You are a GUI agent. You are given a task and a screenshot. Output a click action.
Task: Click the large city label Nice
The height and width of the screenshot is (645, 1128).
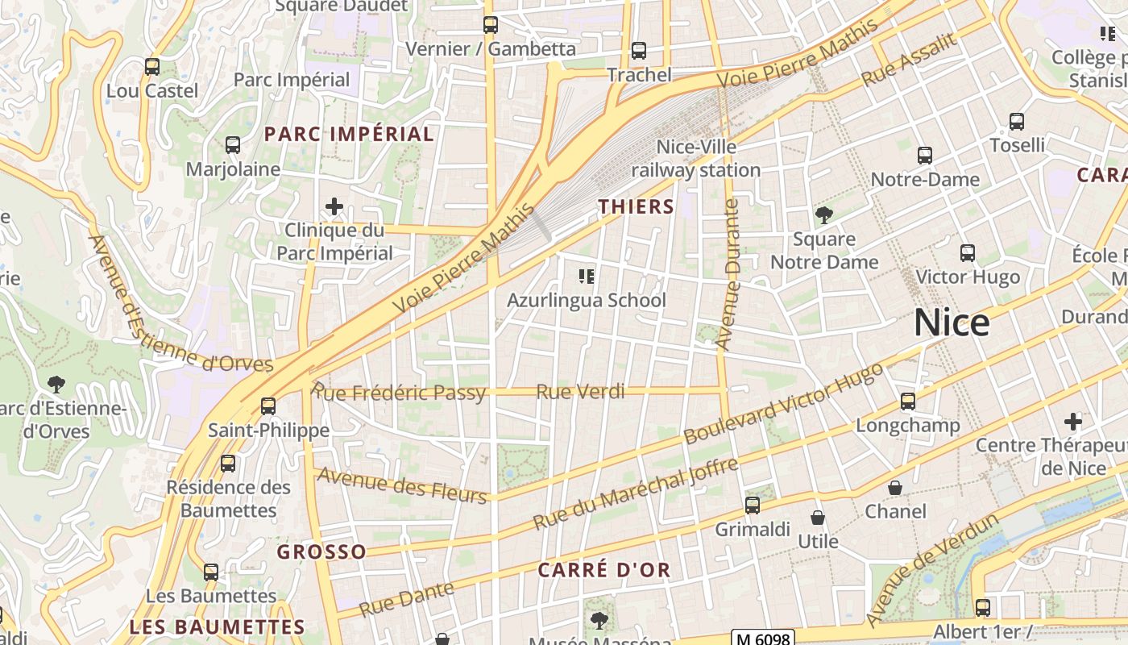952,323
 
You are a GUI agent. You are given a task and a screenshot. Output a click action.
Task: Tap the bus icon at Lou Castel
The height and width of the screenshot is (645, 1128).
152,67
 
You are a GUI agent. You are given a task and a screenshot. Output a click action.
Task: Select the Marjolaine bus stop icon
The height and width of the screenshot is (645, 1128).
233,145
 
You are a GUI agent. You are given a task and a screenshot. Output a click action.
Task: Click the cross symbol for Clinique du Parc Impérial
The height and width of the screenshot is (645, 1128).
334,207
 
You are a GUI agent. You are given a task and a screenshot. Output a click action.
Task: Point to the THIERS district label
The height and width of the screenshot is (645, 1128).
636,207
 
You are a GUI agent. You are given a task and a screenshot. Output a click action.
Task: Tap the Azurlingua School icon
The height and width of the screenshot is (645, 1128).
587,277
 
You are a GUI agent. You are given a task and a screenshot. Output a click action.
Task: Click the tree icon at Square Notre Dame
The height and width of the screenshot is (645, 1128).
823,215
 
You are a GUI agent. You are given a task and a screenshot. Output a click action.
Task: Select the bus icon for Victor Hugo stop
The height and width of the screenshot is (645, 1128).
968,253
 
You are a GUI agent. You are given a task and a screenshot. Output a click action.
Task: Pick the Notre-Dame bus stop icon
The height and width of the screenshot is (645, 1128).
925,156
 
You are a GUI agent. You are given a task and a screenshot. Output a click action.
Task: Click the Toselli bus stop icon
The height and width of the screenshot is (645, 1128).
1017,122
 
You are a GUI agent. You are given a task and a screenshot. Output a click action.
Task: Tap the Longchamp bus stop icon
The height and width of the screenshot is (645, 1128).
908,402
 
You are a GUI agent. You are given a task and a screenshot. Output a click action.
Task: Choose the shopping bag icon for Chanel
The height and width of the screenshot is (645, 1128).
895,488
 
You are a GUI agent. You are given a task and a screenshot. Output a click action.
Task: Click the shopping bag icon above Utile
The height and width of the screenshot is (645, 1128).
818,518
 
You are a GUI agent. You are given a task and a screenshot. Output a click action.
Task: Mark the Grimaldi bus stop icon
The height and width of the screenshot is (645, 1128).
752,506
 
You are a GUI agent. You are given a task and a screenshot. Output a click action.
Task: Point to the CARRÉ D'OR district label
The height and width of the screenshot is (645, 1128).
603,570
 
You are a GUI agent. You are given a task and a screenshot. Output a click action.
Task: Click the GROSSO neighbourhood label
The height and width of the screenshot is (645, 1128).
321,552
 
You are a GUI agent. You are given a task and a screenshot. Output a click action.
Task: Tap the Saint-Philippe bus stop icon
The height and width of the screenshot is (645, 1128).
268,406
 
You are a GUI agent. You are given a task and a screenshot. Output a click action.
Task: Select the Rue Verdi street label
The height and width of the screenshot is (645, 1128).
580,392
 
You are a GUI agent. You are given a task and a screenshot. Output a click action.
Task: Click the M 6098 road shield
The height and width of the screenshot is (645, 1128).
763,638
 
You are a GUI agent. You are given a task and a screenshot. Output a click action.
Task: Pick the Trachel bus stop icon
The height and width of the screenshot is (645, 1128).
639,51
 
